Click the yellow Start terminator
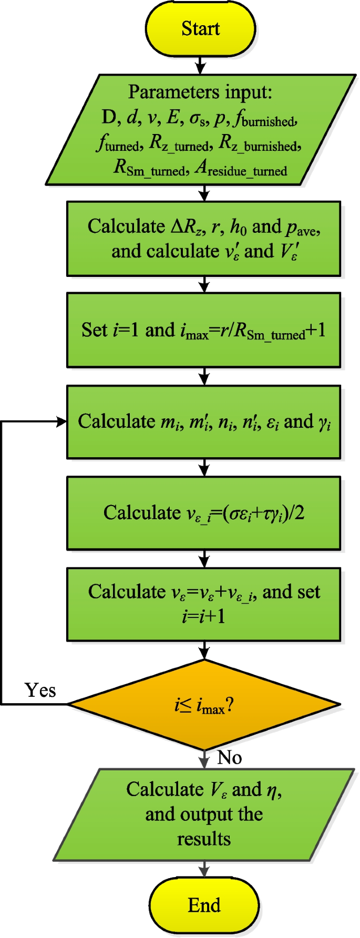[x=200, y=28]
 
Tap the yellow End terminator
[x=204, y=905]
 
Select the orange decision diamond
[x=204, y=705]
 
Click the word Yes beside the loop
[x=40, y=690]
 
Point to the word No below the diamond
[x=230, y=758]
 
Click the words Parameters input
[x=200, y=92]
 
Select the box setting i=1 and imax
[x=203, y=330]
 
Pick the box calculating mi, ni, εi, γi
[x=203, y=422]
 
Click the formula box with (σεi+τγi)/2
[x=203, y=513]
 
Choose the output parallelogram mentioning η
[x=204, y=814]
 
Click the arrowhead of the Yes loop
[x=62, y=421]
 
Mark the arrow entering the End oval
[x=204, y=870]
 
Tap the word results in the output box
[x=204, y=839]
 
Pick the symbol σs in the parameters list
[x=198, y=119]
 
